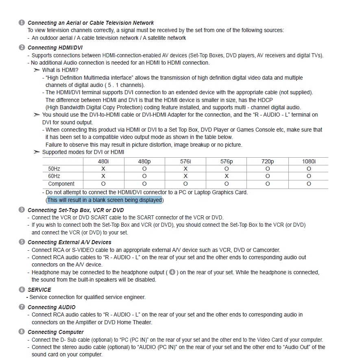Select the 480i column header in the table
tap(103, 161)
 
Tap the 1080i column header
tap(309, 161)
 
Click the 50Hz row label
tap(54, 169)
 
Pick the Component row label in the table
tap(61, 184)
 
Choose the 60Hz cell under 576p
tap(227, 176)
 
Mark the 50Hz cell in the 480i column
tap(103, 169)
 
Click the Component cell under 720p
tap(268, 184)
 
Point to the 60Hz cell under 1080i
tap(309, 176)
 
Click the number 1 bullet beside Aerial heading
tap(22, 23)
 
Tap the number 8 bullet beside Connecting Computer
tap(22, 332)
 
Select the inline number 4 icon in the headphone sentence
tap(172, 272)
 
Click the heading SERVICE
tap(39, 290)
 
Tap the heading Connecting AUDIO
tap(51, 307)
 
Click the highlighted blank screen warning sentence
tap(105, 200)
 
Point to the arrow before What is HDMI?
tap(37, 70)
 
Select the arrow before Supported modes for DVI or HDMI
tap(37, 152)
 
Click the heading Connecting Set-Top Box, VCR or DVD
tap(76, 210)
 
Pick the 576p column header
tap(227, 161)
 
